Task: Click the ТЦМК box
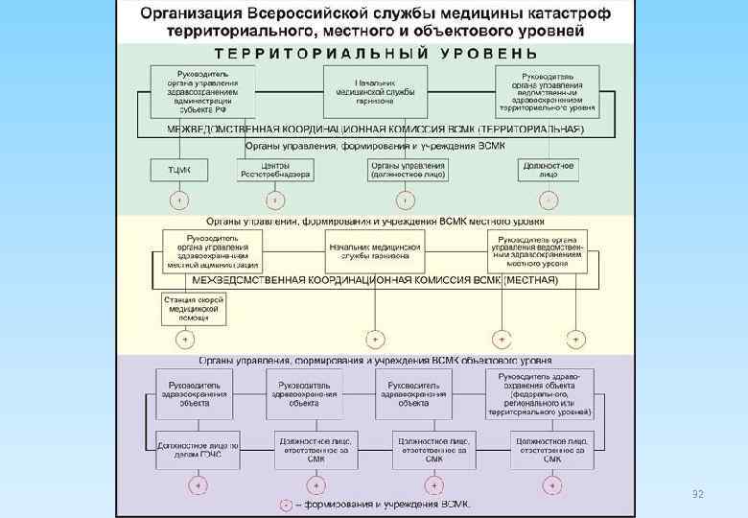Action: click(178, 170)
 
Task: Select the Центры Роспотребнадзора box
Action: click(275, 170)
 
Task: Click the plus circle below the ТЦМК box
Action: click(178, 200)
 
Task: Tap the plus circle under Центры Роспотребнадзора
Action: click(275, 200)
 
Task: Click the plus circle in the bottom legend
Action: click(286, 505)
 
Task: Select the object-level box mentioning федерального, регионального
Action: click(540, 393)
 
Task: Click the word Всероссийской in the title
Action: click(316, 14)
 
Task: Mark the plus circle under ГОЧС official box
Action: click(198, 486)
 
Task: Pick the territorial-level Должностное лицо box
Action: click(549, 170)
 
